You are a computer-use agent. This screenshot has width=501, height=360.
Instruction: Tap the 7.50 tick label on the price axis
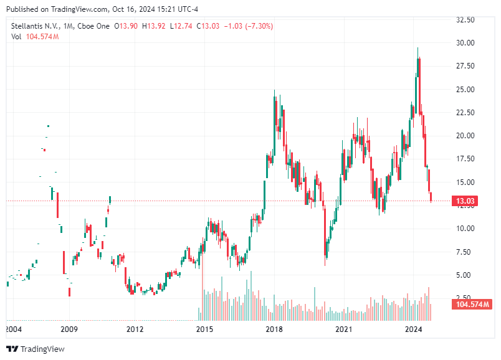coord(464,252)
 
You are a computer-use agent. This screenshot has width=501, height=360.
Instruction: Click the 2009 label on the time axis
coord(69,329)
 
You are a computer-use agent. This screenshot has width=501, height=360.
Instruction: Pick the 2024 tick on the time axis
coord(414,329)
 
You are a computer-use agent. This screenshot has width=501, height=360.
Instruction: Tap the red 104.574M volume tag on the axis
coord(470,305)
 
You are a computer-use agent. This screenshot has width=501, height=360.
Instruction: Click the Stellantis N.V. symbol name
coord(34,26)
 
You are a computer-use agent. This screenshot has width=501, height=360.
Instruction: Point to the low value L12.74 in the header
coord(182,26)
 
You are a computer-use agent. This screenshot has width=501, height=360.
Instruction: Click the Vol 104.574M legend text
coord(35,37)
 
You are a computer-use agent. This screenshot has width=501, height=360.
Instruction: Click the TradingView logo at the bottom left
coord(36,349)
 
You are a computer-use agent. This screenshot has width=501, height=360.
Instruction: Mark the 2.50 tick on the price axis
coord(464,298)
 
